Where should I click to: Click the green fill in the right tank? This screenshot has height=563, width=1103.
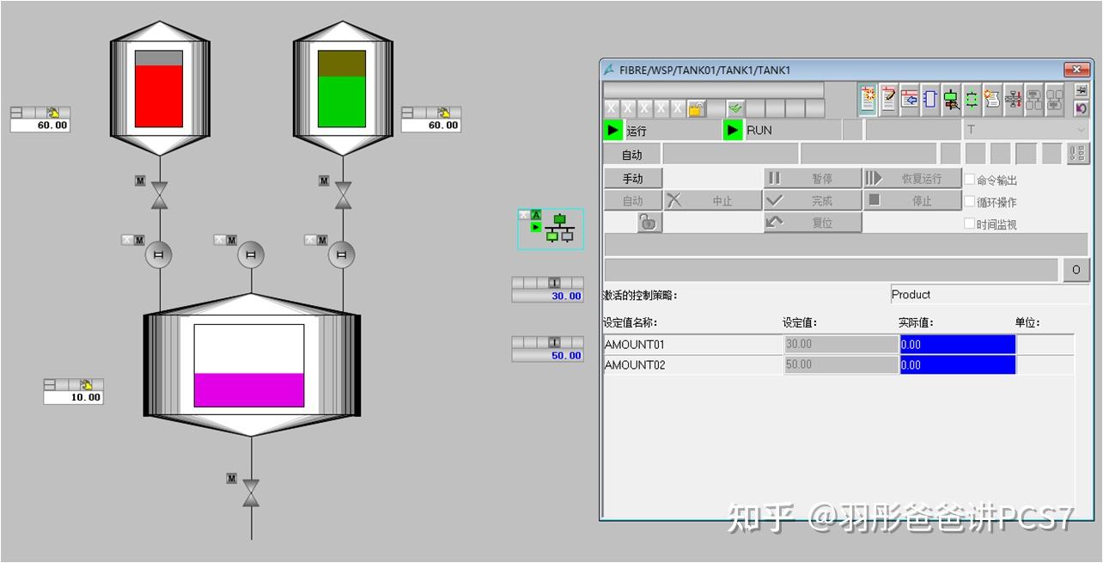coord(342,101)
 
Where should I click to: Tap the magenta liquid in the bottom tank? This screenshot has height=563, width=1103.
coord(248,389)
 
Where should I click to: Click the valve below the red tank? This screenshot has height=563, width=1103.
coord(159,196)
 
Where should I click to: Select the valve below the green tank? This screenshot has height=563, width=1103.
coord(343,196)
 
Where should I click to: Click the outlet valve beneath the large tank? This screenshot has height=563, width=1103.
coord(251,493)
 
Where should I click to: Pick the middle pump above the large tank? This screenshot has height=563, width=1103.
coord(251,254)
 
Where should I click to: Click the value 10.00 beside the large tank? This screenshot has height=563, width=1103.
coord(74,397)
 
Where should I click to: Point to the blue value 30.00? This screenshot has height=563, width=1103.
coord(548,296)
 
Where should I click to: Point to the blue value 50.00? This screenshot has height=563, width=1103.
coord(548,355)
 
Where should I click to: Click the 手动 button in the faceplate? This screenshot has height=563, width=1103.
coord(632,178)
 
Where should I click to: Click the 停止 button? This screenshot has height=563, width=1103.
coord(911,200)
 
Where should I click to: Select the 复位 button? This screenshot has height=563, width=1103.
coord(812,223)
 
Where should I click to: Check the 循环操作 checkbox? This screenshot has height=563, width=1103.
coord(970,202)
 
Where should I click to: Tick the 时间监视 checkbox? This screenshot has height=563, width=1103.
coord(970,223)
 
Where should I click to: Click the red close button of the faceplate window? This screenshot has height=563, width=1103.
coord(1076,70)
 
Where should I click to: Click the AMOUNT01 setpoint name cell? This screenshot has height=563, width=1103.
coord(692,345)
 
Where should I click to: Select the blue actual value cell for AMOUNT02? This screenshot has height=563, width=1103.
coord(957,365)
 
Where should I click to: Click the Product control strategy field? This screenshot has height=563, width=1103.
coord(989,295)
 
